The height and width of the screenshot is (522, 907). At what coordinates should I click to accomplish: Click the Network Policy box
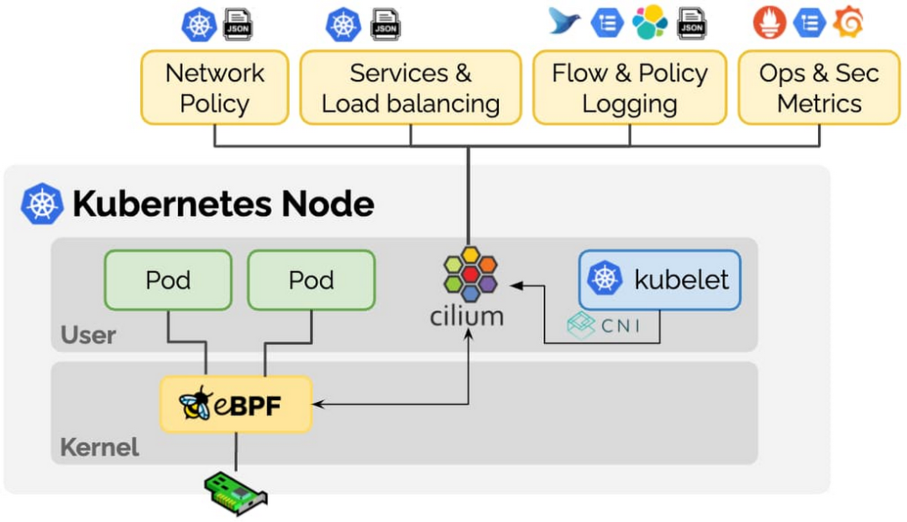coord(214,88)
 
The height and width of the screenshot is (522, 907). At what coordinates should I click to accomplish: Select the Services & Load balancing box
coord(411,88)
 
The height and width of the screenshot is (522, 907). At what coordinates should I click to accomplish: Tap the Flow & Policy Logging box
coord(630,88)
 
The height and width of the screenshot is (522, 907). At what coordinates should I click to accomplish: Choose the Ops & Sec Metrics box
coord(819,88)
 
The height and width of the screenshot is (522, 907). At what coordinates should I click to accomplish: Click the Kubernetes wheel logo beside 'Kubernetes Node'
coord(42,204)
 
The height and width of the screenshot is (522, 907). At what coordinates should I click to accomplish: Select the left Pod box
coord(168,280)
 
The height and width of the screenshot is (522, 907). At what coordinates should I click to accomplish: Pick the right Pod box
coord(311,280)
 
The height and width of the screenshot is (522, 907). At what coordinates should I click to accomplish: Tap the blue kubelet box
coord(660,280)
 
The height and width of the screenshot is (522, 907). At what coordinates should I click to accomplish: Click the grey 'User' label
coord(87,336)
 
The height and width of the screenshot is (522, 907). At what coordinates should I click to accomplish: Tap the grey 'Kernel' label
coord(99,447)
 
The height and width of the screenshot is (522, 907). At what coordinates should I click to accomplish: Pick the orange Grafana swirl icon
coord(848,23)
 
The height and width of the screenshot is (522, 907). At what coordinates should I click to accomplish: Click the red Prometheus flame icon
coord(769,23)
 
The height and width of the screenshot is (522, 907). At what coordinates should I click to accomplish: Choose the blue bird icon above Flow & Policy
coord(564,21)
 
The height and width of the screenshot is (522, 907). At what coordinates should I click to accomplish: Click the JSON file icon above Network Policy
coord(238,24)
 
